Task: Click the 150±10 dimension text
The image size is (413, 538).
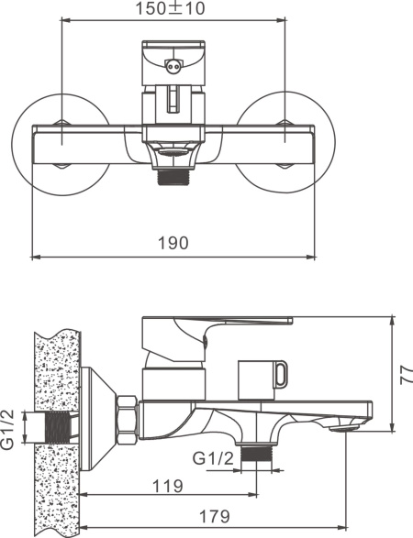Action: pos(170,8)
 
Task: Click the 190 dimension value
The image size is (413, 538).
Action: pos(173,243)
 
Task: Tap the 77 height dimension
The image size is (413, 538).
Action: pos(407,374)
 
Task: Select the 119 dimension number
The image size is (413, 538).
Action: pos(167,486)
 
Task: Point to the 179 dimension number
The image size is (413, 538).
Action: pos(215,516)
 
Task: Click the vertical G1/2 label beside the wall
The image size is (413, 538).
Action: pos(8,429)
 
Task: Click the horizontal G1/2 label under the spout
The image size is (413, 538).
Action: pos(213,458)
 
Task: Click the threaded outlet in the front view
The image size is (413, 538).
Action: pos(173,178)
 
